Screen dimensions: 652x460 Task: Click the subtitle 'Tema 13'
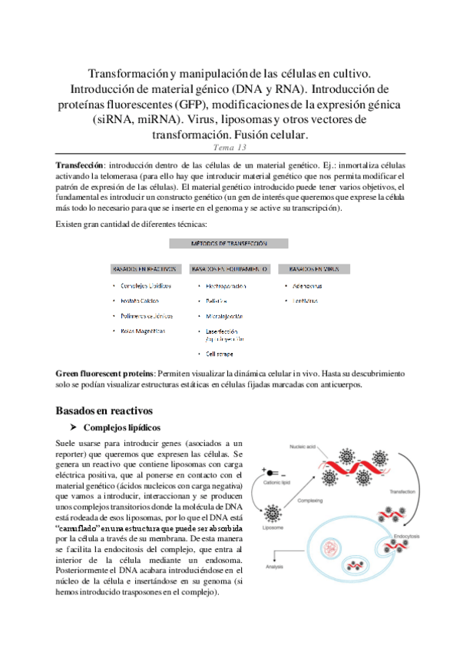pos(229,148)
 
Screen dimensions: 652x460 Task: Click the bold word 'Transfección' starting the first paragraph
pos(80,166)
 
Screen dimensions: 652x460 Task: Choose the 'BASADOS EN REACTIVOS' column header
pos(144,269)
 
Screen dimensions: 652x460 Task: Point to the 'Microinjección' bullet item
pos(224,316)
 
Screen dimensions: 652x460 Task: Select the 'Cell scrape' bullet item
pos(220,354)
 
